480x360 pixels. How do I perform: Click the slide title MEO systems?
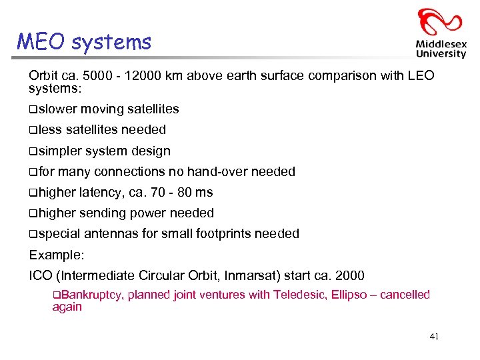[x=84, y=42]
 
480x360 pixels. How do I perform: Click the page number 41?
[x=434, y=337]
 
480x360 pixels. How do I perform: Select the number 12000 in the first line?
[x=135, y=75]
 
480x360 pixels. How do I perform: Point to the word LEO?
[x=420, y=75]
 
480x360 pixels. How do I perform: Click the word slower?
[x=58, y=109]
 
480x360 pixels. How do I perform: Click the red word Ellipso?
[x=347, y=295]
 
